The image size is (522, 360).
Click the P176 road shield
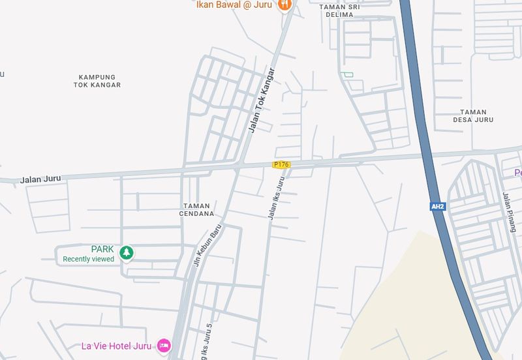click(x=281, y=165)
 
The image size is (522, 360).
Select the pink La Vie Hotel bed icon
click(x=164, y=346)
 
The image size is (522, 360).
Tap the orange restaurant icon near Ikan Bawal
click(x=284, y=5)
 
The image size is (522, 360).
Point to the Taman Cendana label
click(x=196, y=209)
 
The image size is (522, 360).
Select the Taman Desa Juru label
click(x=473, y=116)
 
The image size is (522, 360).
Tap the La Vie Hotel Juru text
click(x=115, y=346)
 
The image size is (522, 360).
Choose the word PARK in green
click(x=102, y=249)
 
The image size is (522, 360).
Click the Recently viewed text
click(x=88, y=259)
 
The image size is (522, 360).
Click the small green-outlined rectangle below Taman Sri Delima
click(x=348, y=74)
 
